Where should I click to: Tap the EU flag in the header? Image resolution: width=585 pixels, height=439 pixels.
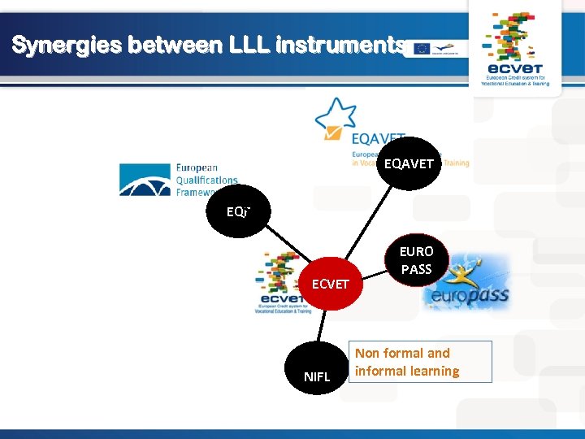422,49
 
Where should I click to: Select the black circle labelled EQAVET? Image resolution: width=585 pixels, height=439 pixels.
409,163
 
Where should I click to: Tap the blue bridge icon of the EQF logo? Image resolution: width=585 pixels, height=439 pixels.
145,180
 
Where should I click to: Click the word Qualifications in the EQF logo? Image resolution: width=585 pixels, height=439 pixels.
207,180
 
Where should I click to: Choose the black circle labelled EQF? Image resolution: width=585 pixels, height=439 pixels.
236,211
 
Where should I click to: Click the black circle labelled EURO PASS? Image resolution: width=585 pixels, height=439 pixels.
416,260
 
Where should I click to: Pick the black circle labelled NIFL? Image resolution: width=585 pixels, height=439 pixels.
317,376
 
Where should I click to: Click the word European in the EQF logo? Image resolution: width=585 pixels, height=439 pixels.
197,168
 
